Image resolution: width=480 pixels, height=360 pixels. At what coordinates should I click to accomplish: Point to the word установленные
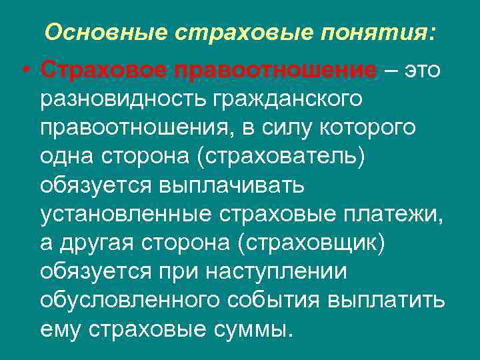[124, 214]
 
